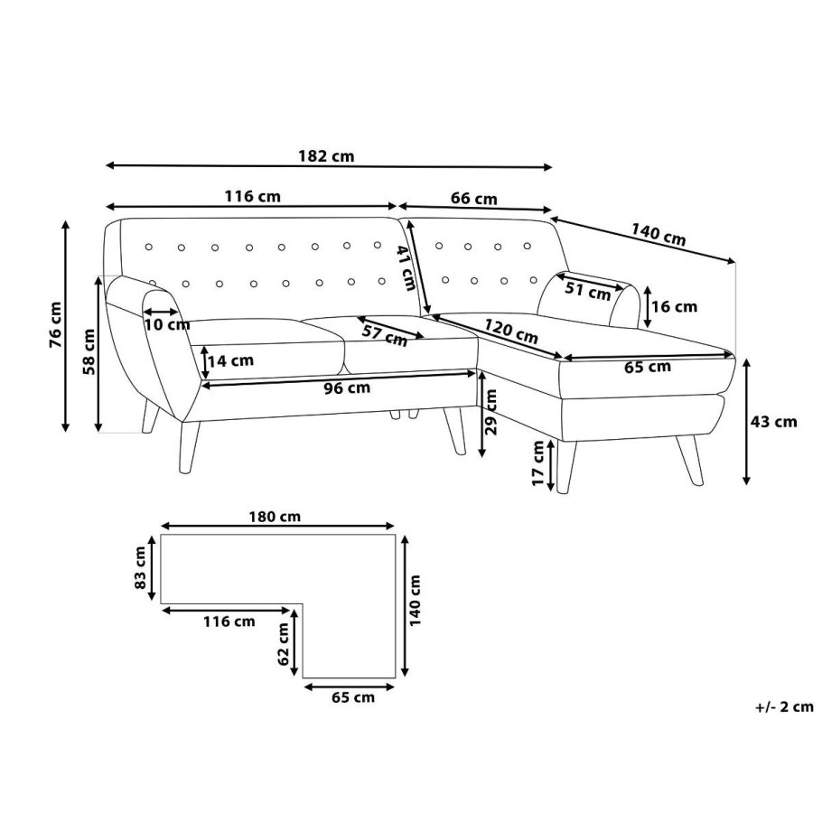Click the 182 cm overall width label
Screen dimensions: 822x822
326,156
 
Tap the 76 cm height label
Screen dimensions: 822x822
55,325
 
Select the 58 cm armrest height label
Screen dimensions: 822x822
89,351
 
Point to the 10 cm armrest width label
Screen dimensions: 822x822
167,324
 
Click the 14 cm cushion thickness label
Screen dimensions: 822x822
230,360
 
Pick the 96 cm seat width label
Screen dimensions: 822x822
347,388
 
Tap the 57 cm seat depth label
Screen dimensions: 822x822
385,336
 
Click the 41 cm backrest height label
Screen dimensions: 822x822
406,268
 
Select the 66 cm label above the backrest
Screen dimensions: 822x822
474,199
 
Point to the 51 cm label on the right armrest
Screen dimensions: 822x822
588,291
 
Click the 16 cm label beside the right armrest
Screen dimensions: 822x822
674,307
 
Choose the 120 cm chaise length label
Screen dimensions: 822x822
510,331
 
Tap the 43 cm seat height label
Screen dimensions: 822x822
773,422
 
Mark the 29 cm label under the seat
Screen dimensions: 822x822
491,412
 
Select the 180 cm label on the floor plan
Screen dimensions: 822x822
275,517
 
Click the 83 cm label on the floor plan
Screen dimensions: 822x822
141,567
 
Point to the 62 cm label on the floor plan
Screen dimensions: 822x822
284,644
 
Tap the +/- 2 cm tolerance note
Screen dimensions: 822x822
784,707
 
